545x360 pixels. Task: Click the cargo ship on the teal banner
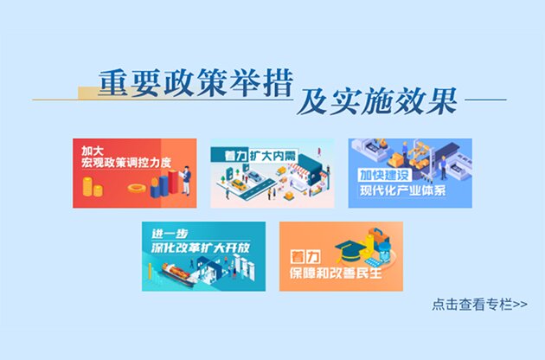(178, 278)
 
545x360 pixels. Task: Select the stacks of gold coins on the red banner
(91, 188)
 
